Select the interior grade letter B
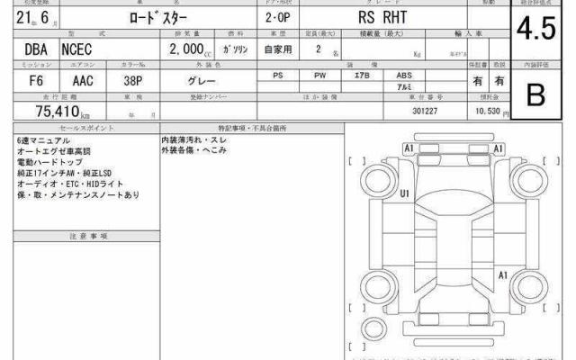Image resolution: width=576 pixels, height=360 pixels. coord(535,94)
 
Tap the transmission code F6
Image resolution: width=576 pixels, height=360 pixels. coord(25,80)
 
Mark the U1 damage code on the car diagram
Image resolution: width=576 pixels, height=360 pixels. coord(405,193)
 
